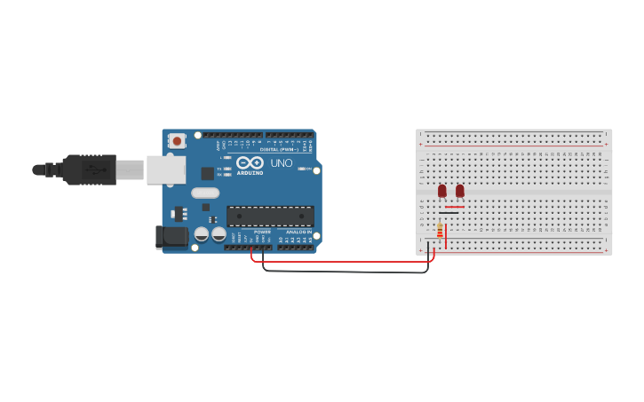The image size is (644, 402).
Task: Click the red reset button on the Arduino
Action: pos(177,140)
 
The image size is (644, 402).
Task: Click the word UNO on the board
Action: pos(281,163)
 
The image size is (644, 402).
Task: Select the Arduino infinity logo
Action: pos(250,162)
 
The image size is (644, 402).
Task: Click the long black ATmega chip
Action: pos(270,216)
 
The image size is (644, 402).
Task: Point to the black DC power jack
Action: pos(171,236)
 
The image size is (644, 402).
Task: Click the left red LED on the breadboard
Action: pos(441,191)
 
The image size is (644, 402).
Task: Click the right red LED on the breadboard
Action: pos(459,191)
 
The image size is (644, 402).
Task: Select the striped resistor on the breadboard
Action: pos(440,230)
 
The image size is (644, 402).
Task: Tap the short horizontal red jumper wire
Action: pos(454,207)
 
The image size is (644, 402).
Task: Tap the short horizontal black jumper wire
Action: pos(449,213)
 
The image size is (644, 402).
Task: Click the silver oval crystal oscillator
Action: pos(204,193)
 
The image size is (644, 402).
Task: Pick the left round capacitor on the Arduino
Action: pos(202,234)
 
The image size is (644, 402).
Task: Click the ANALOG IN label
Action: pos(298,232)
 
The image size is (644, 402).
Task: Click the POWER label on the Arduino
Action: pos(262,232)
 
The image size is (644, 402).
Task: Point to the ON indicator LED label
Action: pos(308,169)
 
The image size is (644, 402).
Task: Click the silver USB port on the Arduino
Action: pos(166,169)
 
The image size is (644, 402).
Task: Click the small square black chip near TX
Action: pos(207,173)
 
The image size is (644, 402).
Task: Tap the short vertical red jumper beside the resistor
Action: pos(446,235)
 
